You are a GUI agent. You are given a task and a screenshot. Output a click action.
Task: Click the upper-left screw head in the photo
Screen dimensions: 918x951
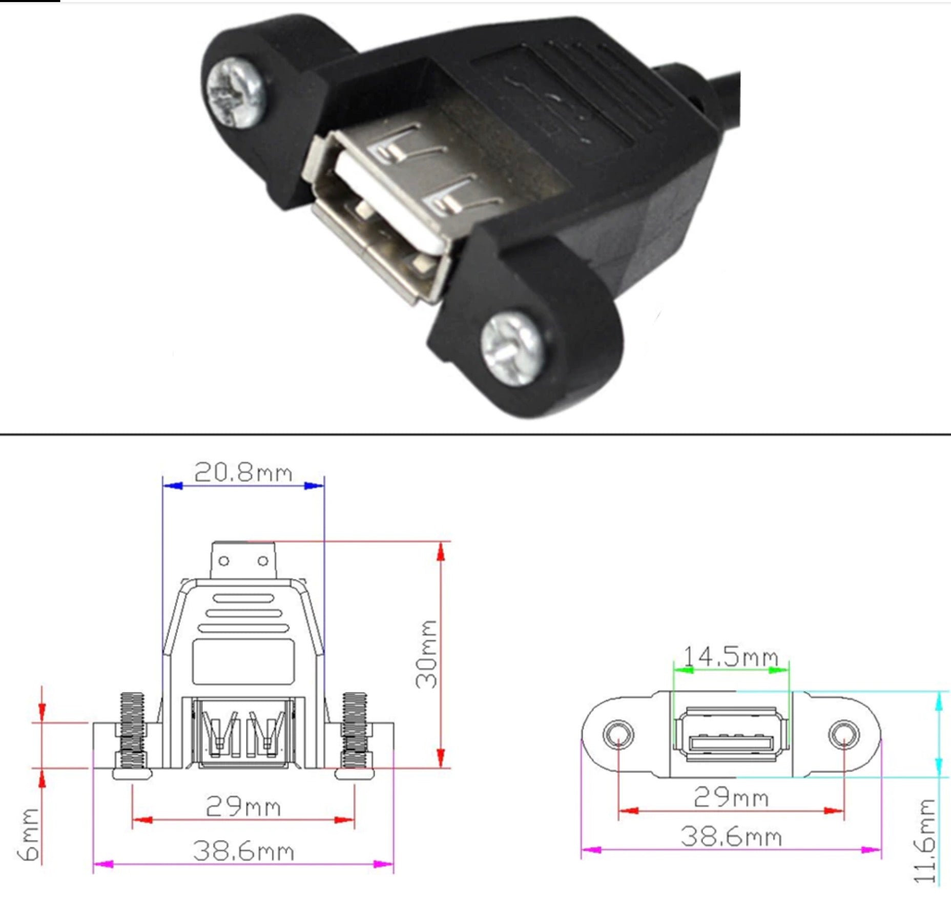[x=236, y=92]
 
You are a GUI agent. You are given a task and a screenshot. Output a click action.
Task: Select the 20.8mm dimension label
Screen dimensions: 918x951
[x=243, y=472]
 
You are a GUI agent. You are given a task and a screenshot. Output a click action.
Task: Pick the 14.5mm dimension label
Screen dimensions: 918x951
[x=731, y=656]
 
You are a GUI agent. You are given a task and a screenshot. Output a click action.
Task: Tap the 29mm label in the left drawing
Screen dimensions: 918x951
[x=243, y=806]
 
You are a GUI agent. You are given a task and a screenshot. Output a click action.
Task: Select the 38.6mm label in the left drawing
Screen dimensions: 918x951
[x=243, y=851]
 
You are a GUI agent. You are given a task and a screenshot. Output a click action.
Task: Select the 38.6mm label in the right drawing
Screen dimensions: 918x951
[x=731, y=837]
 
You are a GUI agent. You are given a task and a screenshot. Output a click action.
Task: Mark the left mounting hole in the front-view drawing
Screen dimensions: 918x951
[x=618, y=735]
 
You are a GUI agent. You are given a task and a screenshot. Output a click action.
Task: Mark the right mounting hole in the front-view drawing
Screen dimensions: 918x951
[x=843, y=735]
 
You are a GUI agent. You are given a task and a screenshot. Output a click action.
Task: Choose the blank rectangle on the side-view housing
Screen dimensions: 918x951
[x=243, y=661]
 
